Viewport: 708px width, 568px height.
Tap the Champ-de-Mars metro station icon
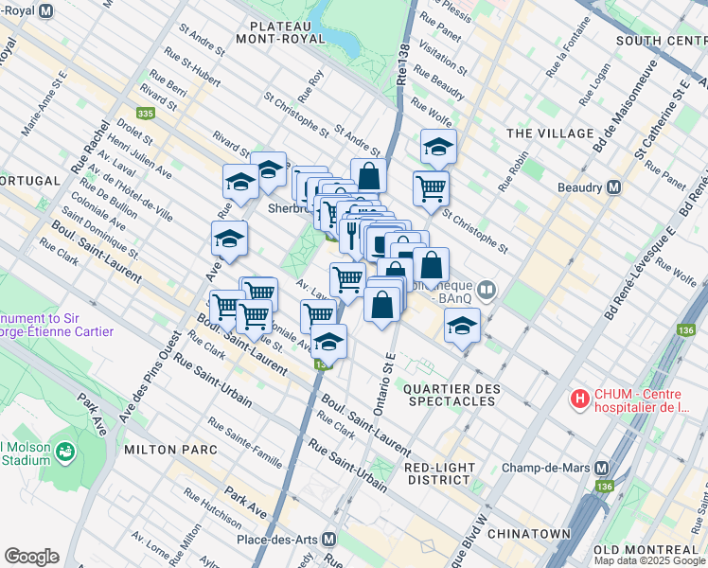click(602, 469)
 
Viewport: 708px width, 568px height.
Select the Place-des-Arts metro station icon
click(328, 539)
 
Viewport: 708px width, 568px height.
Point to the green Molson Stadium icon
click(65, 454)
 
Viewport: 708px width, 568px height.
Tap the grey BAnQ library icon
click(487, 289)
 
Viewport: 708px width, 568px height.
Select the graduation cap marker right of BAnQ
click(461, 327)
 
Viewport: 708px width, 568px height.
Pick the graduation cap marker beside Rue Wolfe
click(438, 146)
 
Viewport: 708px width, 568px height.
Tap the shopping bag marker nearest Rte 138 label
click(368, 175)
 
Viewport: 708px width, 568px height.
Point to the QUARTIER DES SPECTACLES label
click(451, 395)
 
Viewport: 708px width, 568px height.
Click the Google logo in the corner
click(32, 557)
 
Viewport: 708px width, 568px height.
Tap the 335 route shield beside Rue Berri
click(145, 113)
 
